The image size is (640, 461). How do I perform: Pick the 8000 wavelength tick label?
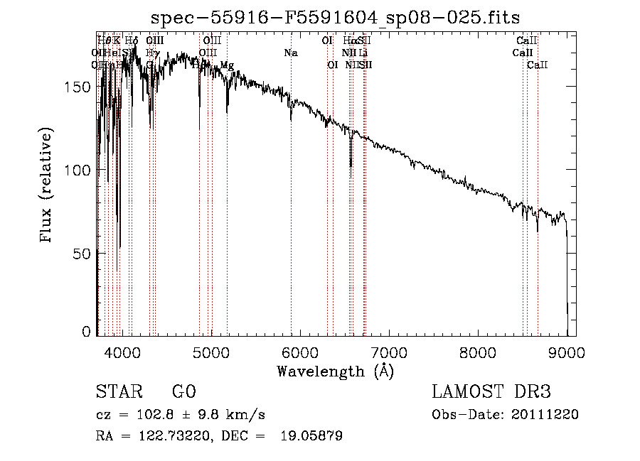click(x=478, y=352)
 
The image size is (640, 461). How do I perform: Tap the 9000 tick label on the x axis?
click(x=567, y=352)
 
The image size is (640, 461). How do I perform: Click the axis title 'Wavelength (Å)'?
click(x=335, y=371)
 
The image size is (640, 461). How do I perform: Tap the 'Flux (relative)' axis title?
click(x=47, y=186)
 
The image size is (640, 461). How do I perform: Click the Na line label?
click(x=290, y=53)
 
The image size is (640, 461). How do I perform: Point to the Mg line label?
click(x=227, y=65)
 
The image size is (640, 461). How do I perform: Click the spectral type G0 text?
click(x=183, y=392)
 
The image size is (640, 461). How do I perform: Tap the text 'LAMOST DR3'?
click(x=491, y=392)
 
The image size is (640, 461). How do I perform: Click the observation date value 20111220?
click(x=545, y=415)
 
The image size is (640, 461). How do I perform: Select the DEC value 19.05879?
click(x=311, y=436)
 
